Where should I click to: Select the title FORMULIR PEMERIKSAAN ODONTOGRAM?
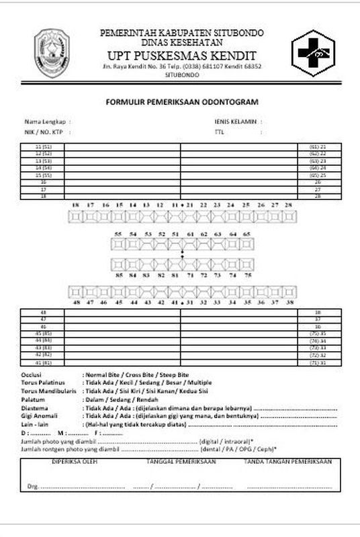pos(181,102)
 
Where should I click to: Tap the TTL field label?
pos(219,132)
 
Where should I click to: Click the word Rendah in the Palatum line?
pos(142,398)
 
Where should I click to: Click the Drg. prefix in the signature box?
pos(32,485)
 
